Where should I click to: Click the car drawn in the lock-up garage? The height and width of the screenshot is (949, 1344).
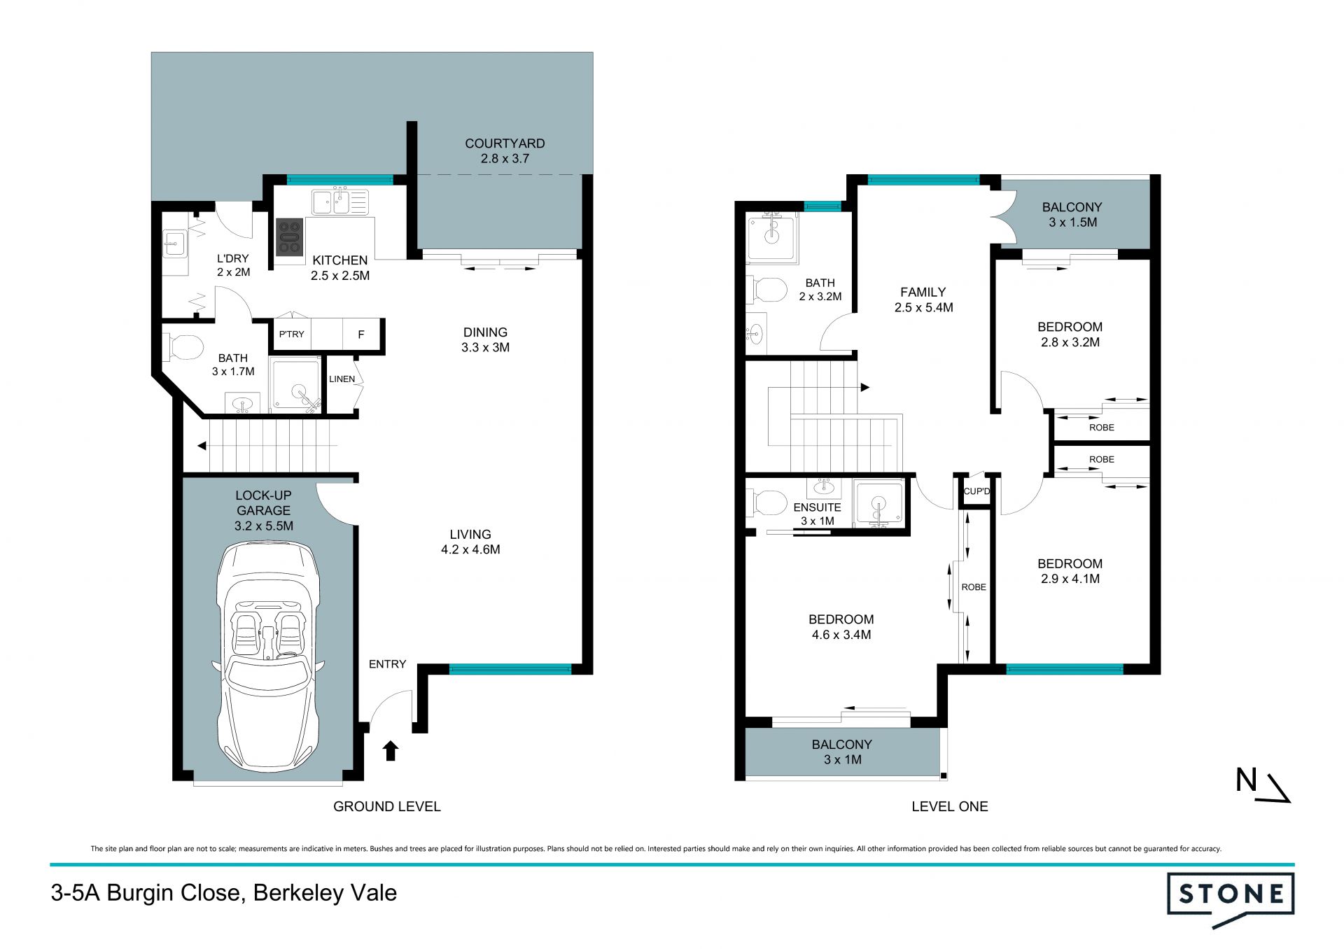click(268, 656)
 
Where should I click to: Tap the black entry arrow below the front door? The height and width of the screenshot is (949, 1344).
click(391, 750)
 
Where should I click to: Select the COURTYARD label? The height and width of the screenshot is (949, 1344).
click(505, 143)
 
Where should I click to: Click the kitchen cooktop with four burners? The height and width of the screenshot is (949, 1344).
click(289, 237)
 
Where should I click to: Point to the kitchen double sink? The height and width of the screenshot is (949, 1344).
click(340, 201)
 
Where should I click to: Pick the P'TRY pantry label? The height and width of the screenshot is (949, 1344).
click(291, 334)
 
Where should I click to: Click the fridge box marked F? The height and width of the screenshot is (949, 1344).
click(361, 335)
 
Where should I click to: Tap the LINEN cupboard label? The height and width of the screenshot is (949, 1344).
click(342, 379)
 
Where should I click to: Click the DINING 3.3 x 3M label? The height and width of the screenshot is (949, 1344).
click(485, 339)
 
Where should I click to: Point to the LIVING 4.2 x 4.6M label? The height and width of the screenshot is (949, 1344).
click(470, 542)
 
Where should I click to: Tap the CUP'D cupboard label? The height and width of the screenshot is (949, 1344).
click(976, 491)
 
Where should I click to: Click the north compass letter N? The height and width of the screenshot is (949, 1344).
click(1246, 780)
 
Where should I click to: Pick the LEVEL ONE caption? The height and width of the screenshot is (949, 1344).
click(950, 806)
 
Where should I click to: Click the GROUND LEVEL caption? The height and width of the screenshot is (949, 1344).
click(387, 806)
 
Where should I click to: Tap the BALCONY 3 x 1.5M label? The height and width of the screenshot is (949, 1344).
click(1072, 215)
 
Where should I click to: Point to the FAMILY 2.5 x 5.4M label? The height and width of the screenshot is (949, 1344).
click(923, 300)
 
